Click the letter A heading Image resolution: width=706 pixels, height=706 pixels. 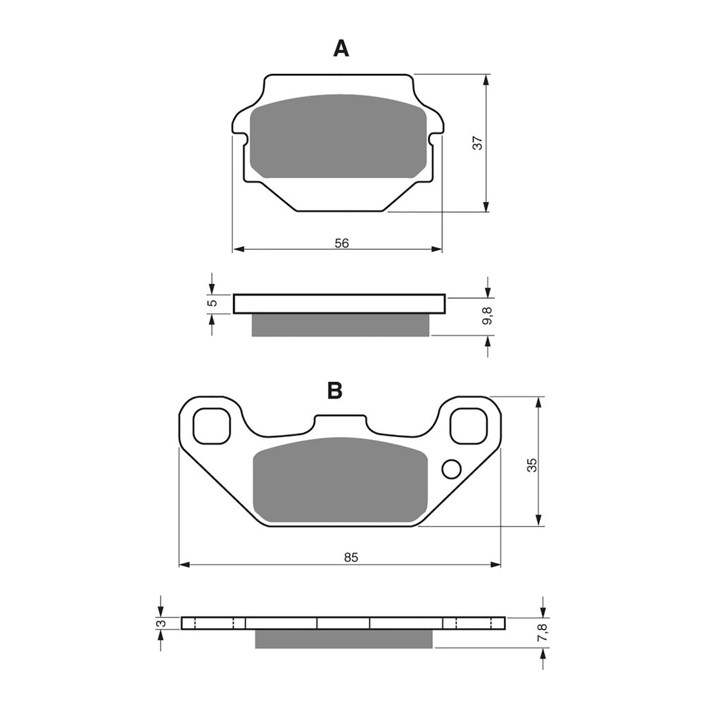341,48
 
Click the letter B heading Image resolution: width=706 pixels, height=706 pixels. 334,390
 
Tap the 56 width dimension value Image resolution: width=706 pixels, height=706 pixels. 342,242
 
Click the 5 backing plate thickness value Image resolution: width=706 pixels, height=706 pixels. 212,303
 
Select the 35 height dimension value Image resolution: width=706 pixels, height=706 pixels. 531,465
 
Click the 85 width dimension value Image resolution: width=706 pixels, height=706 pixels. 350,557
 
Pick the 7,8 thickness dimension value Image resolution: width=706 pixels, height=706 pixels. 543,632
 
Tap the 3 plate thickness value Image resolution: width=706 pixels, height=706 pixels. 161,623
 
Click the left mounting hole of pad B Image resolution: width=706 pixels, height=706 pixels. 211,426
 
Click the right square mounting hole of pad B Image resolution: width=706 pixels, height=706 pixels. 468,426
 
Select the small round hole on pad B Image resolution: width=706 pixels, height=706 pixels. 451,469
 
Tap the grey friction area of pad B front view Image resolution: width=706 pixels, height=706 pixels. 340,481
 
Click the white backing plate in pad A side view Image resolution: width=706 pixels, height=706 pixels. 339,304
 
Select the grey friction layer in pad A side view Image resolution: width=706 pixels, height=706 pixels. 340,325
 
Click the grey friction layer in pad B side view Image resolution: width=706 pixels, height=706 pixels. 343,638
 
